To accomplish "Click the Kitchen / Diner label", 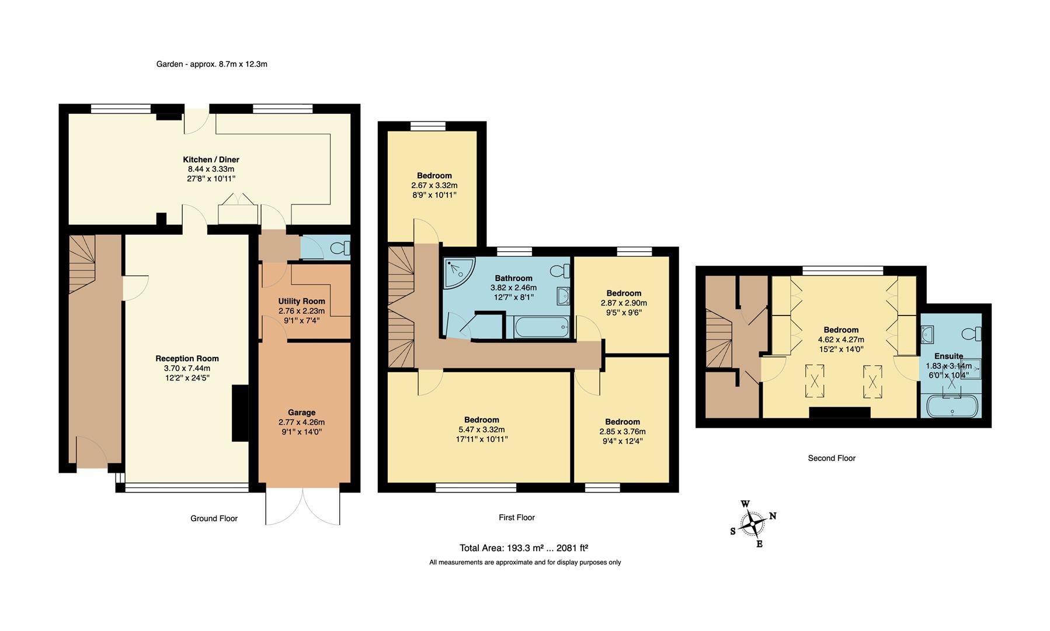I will coord(211,160).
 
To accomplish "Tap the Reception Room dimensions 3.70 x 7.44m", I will coord(187,368).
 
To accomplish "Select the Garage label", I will coord(301,412).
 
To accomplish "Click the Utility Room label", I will coord(301,301).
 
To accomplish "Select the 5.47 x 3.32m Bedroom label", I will coord(481,419).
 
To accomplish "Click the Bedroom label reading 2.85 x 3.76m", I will coord(622,422).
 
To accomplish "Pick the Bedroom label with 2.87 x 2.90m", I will coord(624,293).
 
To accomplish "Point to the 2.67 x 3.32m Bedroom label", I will coord(434,176).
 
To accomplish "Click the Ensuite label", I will coord(948,356).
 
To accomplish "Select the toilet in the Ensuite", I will coord(972,334).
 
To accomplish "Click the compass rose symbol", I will coord(754,523).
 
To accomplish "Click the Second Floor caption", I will coord(831,458).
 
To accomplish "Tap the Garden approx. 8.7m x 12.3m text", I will coord(211,64).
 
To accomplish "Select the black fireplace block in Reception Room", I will coord(240,412).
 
